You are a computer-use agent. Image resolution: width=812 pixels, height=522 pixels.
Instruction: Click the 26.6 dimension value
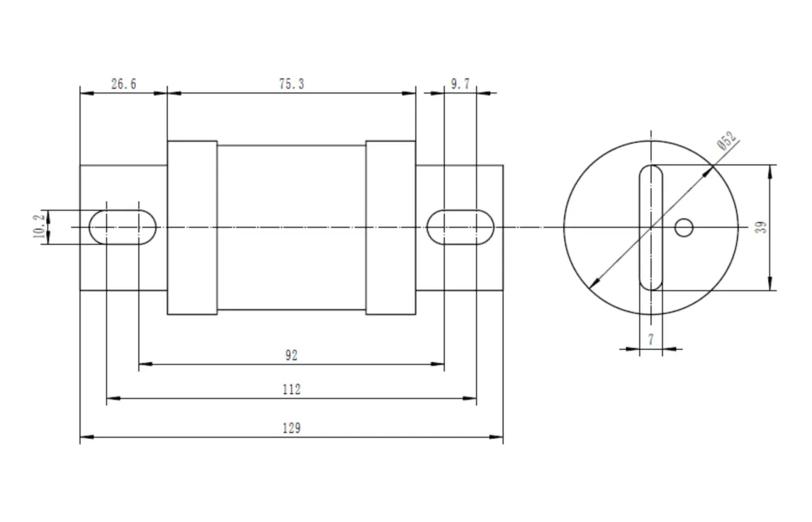[123, 84]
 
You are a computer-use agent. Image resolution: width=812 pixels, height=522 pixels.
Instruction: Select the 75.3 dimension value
[291, 84]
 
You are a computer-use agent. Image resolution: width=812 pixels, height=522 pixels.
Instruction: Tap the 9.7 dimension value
[460, 84]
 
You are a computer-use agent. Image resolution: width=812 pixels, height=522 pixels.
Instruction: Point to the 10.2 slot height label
[40, 227]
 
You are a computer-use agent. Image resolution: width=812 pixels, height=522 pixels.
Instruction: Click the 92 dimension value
[291, 356]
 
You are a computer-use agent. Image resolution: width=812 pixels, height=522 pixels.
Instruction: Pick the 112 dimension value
[291, 390]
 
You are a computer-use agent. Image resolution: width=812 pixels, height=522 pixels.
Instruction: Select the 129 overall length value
[291, 429]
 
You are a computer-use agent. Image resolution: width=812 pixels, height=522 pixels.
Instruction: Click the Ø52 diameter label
[727, 140]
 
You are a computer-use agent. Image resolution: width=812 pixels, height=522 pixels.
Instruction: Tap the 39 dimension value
[761, 227]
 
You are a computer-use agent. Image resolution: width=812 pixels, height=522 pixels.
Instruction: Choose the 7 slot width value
[650, 341]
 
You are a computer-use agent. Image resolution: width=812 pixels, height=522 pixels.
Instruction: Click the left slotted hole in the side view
[123, 227]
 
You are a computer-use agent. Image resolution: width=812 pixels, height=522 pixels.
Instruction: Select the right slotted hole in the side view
[461, 227]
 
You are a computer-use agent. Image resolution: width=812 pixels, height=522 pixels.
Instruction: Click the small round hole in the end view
[683, 227]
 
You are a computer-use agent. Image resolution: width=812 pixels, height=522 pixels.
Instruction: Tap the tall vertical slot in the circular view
[650, 227]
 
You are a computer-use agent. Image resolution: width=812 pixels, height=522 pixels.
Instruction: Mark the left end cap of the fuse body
[192, 227]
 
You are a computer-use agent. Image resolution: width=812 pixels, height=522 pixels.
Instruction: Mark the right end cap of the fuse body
[390, 227]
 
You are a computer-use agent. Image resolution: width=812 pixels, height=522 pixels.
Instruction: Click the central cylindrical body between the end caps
[291, 227]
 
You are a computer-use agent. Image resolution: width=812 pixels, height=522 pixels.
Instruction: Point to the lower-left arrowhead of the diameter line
[593, 285]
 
